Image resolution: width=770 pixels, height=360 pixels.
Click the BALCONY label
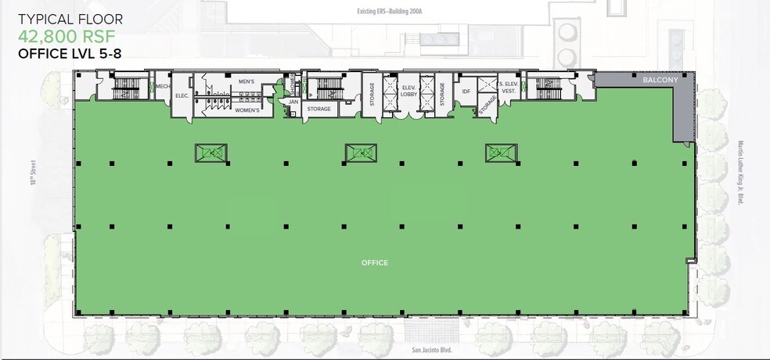point(654,80)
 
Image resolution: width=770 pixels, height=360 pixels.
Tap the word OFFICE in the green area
point(375,263)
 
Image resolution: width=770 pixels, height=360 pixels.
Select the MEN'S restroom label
point(246,81)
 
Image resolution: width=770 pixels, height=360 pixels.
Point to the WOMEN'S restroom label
point(247,110)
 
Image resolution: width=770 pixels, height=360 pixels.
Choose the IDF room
point(466,92)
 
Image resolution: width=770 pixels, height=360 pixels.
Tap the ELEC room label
point(182,95)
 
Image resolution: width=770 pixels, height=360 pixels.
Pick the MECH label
point(163,86)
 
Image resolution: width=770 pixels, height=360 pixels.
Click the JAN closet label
point(293,102)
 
